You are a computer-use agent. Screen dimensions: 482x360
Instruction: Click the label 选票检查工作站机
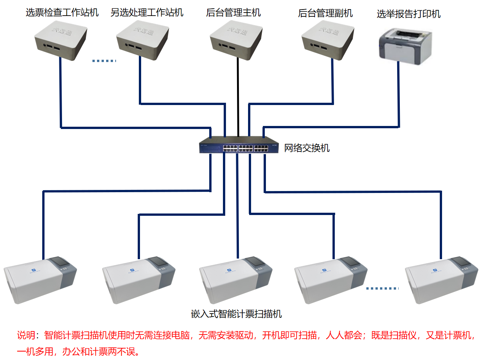click(x=62, y=13)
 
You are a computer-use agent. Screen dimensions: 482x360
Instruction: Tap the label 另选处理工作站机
click(x=147, y=13)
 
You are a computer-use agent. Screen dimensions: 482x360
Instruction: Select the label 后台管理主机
click(x=233, y=13)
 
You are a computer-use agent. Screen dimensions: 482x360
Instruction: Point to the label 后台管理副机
click(x=325, y=13)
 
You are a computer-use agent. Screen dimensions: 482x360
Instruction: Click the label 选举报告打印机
click(x=409, y=14)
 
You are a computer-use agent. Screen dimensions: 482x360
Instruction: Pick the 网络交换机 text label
click(x=307, y=148)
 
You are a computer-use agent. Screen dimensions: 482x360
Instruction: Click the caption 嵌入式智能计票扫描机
click(x=236, y=314)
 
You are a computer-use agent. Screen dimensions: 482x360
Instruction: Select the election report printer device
click(x=406, y=46)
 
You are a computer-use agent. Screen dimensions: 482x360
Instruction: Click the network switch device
click(x=239, y=145)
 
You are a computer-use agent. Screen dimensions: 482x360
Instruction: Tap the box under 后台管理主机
click(x=236, y=40)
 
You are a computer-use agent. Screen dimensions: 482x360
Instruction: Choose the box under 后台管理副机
click(x=328, y=40)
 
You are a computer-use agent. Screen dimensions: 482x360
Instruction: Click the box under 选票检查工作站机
click(x=61, y=41)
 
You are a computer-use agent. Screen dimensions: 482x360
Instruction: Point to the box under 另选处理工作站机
click(x=143, y=40)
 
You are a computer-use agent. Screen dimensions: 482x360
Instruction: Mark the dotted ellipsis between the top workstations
click(x=104, y=61)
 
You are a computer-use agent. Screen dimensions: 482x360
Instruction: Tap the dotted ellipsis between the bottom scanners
click(x=382, y=288)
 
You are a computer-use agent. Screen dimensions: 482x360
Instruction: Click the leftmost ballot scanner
click(x=40, y=280)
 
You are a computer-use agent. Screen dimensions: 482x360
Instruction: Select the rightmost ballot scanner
click(x=441, y=280)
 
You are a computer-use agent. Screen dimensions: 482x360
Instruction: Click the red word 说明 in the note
click(x=26, y=335)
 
